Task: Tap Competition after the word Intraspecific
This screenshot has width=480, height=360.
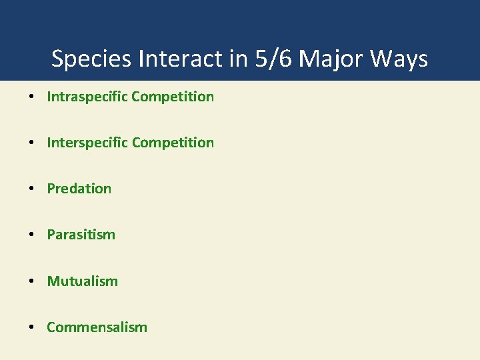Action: tap(173, 97)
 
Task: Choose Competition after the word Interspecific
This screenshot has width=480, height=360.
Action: tap(173, 143)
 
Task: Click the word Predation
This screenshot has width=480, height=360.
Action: tap(79, 189)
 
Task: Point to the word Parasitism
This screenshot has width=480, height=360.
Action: tap(81, 235)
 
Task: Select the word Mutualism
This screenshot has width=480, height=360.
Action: tap(82, 281)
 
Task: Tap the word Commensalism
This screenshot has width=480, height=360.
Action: tap(97, 327)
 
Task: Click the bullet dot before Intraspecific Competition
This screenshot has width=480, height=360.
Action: tap(32, 97)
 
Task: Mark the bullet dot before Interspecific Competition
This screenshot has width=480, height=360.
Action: tap(32, 143)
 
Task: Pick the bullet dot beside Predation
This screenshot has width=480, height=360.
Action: tap(32, 189)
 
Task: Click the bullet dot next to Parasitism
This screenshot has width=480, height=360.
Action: tap(32, 235)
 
